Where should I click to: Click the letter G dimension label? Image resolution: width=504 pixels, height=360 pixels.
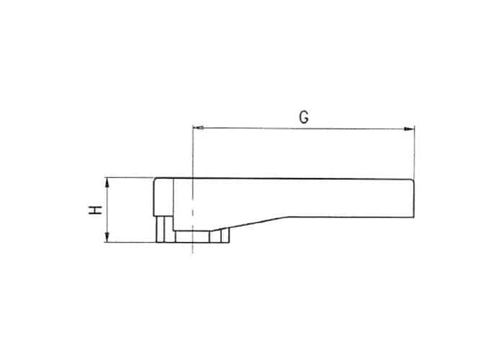[x=304, y=117]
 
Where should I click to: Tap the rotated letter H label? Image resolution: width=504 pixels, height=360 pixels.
[x=96, y=210]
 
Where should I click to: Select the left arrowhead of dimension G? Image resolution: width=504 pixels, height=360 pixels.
[x=198, y=128]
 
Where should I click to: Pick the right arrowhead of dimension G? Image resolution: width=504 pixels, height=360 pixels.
[x=409, y=129]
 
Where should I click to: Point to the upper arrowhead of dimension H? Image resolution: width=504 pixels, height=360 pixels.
[x=107, y=182]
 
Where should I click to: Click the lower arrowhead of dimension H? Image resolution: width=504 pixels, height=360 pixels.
[x=107, y=237]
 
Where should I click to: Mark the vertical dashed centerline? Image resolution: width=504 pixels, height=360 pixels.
[x=192, y=189]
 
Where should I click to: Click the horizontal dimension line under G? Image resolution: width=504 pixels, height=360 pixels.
[x=304, y=129]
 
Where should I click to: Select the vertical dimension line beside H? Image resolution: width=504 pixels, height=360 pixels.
[x=107, y=210]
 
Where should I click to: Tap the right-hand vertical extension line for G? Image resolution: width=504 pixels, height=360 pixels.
[x=414, y=152]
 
